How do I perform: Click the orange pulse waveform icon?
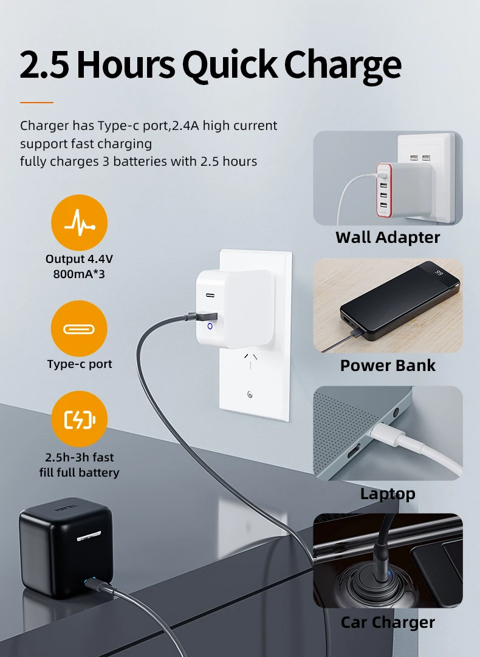click(79, 223)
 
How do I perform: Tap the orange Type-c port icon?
click(79, 328)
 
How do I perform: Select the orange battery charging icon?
click(79, 420)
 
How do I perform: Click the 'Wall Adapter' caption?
click(388, 237)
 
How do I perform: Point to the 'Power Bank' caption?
click(388, 365)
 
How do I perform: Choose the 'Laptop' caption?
click(388, 493)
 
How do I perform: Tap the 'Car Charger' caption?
click(388, 622)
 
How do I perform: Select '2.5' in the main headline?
click(44, 64)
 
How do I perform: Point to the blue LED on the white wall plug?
click(210, 326)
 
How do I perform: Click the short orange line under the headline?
click(36, 102)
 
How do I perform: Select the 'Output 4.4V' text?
click(79, 259)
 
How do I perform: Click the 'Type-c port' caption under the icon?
click(79, 364)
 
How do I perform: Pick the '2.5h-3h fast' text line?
click(79, 457)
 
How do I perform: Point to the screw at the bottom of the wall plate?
click(250, 395)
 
